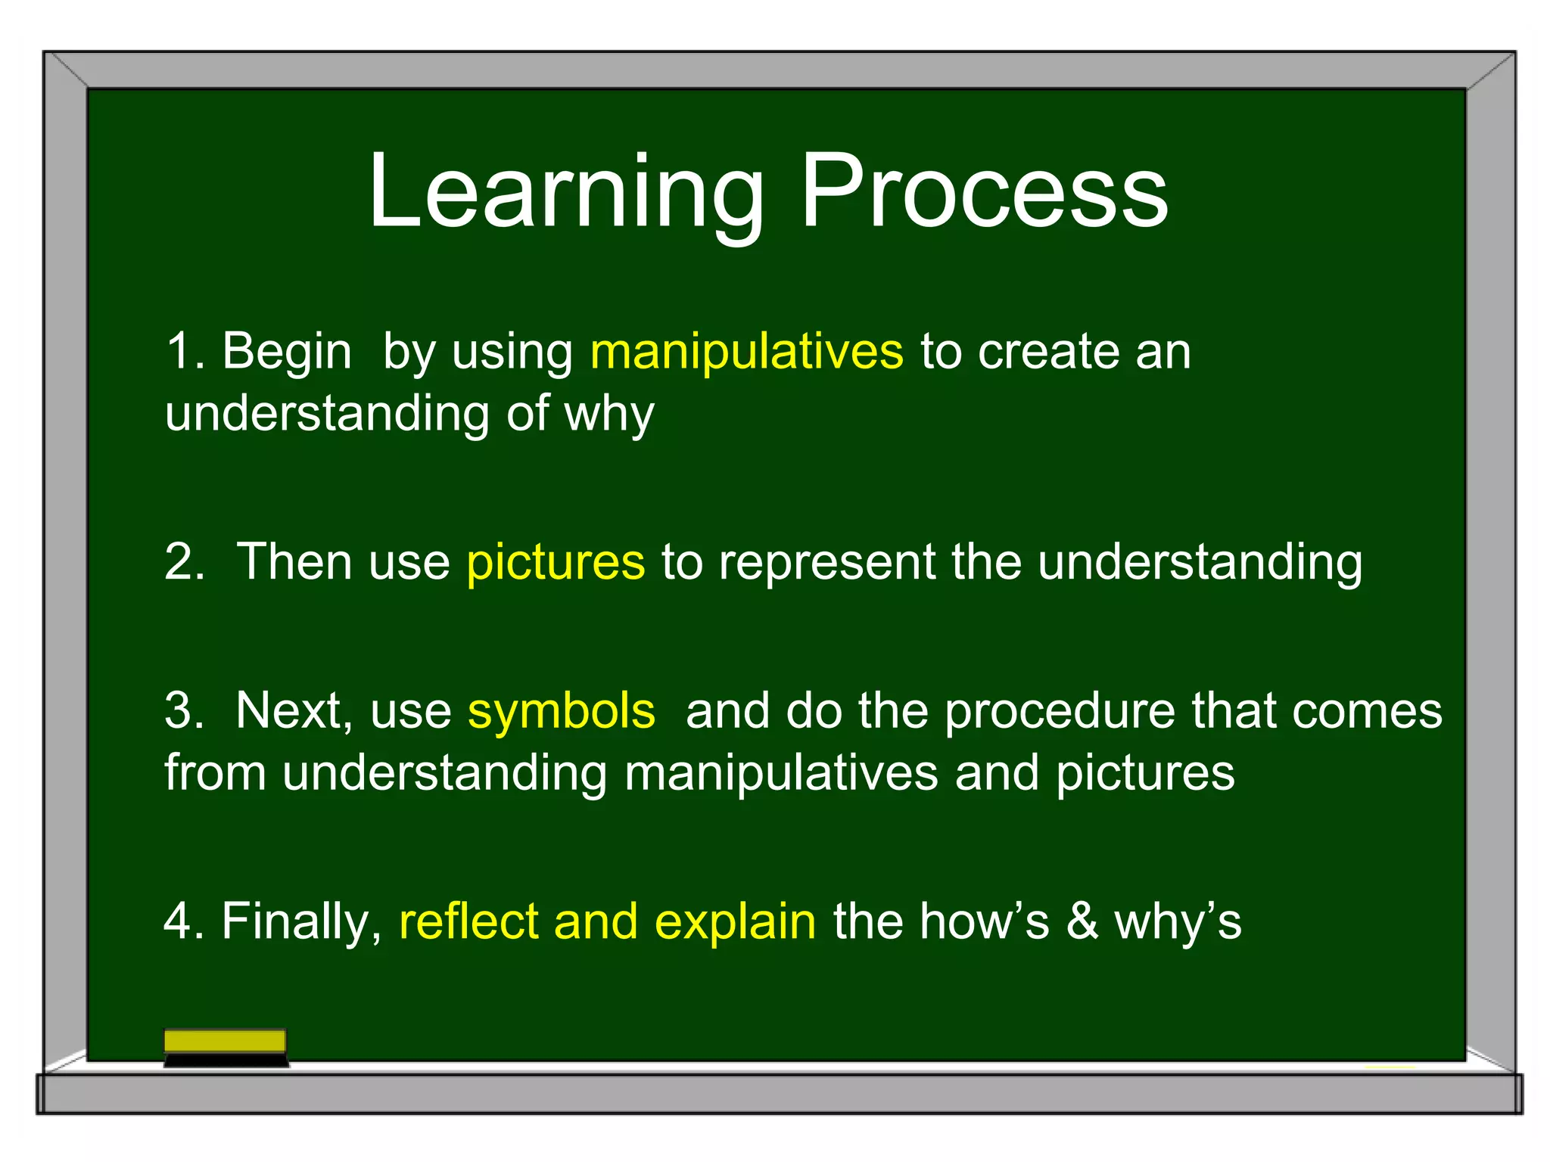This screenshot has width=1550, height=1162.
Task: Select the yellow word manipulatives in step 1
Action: click(746, 352)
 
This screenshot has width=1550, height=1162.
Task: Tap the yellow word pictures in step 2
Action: click(556, 562)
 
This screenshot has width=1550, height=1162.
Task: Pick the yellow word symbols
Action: click(561, 711)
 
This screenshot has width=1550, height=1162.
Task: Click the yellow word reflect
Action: click(468, 921)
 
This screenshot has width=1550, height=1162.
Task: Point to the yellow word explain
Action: click(735, 921)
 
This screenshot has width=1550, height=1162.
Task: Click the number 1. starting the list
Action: click(184, 352)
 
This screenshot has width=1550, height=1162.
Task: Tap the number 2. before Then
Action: click(185, 562)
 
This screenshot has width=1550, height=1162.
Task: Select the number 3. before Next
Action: click(185, 711)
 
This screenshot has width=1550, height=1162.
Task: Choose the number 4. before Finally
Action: click(184, 921)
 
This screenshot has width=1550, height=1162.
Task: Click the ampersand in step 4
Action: click(1082, 921)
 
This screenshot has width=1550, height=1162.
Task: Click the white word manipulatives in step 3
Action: click(781, 773)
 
